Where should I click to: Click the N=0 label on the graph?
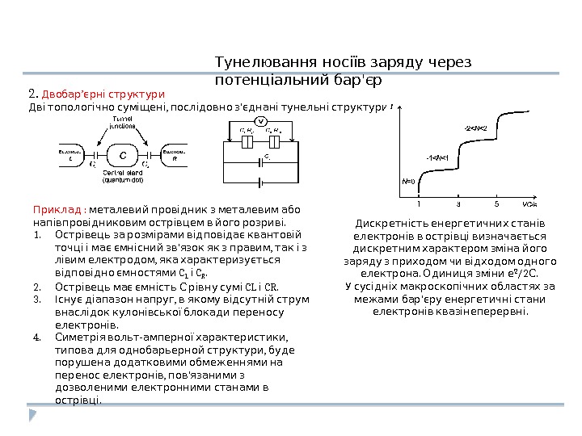(408, 181)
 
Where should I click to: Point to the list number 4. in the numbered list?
(37, 337)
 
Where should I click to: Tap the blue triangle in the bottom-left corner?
(33, 415)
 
